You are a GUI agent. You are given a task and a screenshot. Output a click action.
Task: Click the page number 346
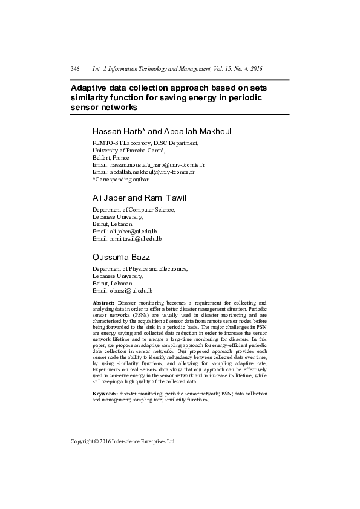coord(75,69)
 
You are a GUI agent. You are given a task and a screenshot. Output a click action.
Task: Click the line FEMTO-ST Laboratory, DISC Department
coord(145,143)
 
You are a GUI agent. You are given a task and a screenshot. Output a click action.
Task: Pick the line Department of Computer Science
coord(133,210)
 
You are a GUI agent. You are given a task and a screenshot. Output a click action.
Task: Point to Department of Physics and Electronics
coord(140,269)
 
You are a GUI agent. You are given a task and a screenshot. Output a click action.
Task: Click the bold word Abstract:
coord(103,302)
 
